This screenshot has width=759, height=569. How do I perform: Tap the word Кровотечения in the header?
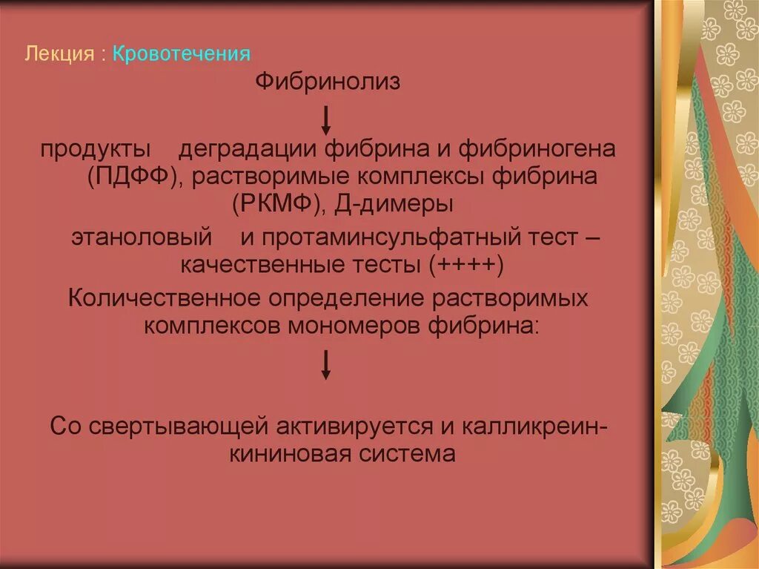[x=182, y=54]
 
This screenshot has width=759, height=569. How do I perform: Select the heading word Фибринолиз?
[x=328, y=82]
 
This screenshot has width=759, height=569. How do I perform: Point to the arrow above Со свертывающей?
[x=325, y=364]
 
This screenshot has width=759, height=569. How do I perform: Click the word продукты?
[x=96, y=150]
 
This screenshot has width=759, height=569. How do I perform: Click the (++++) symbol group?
[x=467, y=264]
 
